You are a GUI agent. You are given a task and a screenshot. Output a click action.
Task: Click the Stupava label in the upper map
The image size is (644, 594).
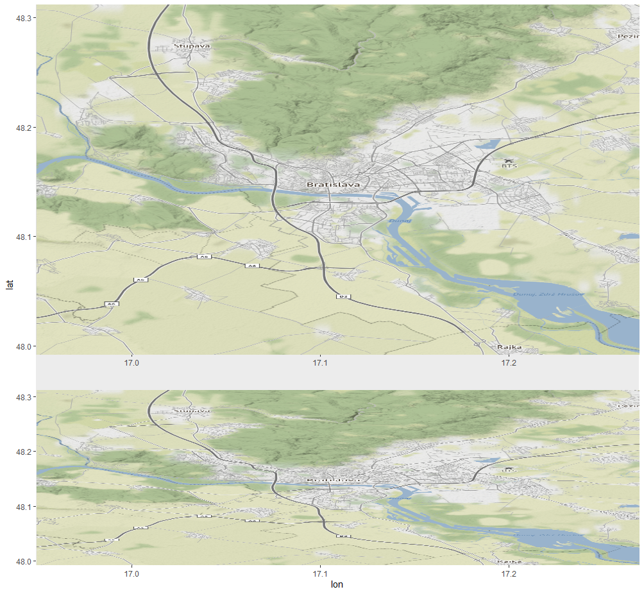[192, 46]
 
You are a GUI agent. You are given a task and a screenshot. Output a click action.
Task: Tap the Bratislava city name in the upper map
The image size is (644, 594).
[333, 184]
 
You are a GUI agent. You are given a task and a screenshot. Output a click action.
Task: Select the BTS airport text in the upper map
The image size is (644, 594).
[509, 165]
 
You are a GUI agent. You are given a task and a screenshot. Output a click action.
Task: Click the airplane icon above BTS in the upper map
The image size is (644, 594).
[509, 159]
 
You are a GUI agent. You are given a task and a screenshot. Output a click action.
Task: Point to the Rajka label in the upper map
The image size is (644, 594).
[509, 347]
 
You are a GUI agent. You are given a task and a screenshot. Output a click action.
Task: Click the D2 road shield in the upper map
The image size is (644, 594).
[343, 296]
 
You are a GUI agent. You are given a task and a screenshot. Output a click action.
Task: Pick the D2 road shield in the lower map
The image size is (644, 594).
[343, 536]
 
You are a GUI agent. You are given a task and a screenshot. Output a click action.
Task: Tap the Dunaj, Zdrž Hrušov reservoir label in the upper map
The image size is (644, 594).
[548, 294]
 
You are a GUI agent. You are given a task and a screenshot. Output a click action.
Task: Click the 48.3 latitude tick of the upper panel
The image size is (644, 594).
[24, 18]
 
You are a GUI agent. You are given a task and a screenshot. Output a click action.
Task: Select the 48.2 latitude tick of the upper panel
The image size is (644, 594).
[24, 128]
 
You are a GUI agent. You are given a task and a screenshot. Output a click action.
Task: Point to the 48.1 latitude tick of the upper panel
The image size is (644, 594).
[24, 237]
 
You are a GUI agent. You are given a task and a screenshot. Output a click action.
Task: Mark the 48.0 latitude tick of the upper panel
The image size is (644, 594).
[24, 346]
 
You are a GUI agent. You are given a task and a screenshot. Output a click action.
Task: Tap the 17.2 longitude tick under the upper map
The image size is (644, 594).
[509, 363]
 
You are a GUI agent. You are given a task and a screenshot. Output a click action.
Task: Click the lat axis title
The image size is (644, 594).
[8, 283]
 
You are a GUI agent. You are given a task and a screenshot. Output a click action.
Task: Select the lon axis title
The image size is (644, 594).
[337, 584]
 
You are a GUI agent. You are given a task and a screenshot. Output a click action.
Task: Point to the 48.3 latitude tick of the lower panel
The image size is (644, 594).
[24, 398]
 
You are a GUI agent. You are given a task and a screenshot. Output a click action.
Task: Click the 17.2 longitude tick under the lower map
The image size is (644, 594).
[509, 573]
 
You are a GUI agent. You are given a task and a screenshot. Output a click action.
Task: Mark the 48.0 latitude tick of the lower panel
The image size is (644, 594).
[24, 561]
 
